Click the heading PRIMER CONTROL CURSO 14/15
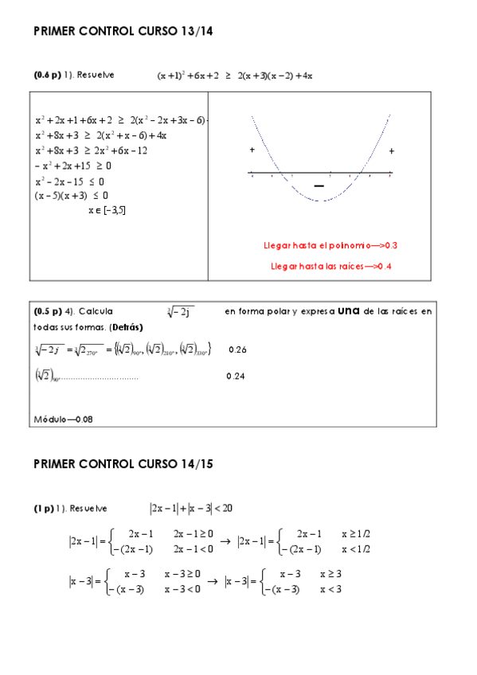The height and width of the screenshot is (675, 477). (123, 464)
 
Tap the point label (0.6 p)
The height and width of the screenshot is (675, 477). (47, 75)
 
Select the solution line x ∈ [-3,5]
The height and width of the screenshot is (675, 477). (107, 210)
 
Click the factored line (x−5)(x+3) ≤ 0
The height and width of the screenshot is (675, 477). (72, 195)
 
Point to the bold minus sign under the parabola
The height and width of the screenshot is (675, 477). (320, 185)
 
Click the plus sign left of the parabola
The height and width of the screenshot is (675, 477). (252, 150)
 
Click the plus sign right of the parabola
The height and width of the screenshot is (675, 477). (391, 150)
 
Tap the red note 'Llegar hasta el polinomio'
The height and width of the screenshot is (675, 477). (330, 245)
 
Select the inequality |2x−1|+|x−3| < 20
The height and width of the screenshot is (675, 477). (190, 508)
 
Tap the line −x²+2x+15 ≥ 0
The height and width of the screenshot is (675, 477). (73, 166)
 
